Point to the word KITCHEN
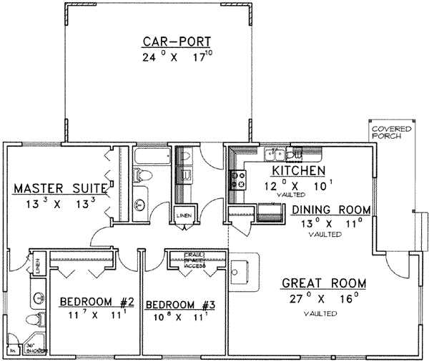298,171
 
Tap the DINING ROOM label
331,210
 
